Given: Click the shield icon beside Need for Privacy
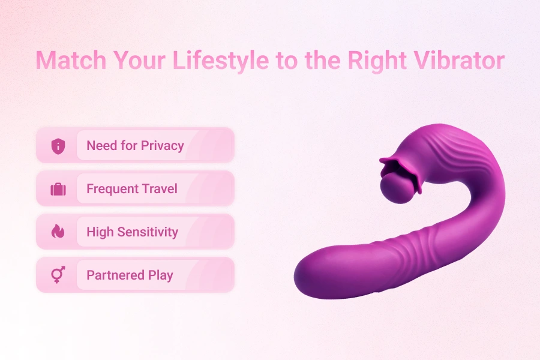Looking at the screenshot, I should [58, 146].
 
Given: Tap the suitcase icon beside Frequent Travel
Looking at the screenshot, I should [58, 189].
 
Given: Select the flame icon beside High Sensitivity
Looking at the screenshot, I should [58, 232].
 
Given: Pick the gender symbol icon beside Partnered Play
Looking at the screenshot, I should [58, 275].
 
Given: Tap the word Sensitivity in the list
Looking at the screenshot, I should [148, 232].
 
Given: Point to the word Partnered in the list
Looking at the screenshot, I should [115, 275].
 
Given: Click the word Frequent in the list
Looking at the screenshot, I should [107, 189].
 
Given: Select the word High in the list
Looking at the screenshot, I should [99, 232].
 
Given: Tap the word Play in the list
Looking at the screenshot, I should [160, 275].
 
